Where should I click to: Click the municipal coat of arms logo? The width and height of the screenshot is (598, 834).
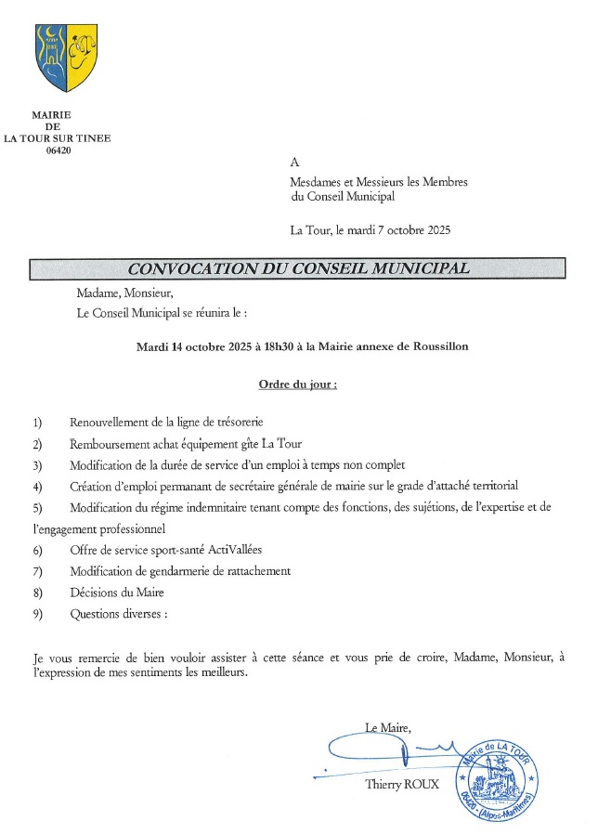click(x=66, y=58)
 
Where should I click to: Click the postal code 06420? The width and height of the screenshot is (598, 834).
click(x=58, y=150)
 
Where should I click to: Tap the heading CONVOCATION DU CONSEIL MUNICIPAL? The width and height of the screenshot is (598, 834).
click(x=297, y=268)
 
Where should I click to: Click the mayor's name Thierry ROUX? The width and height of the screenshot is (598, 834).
click(x=402, y=785)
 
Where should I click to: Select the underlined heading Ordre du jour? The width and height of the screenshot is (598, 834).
click(x=296, y=384)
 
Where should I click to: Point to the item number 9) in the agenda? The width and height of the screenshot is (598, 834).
click(x=37, y=613)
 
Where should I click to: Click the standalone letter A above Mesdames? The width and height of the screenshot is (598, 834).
click(x=295, y=163)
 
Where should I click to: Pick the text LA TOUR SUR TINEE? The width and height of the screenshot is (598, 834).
click(x=58, y=138)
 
